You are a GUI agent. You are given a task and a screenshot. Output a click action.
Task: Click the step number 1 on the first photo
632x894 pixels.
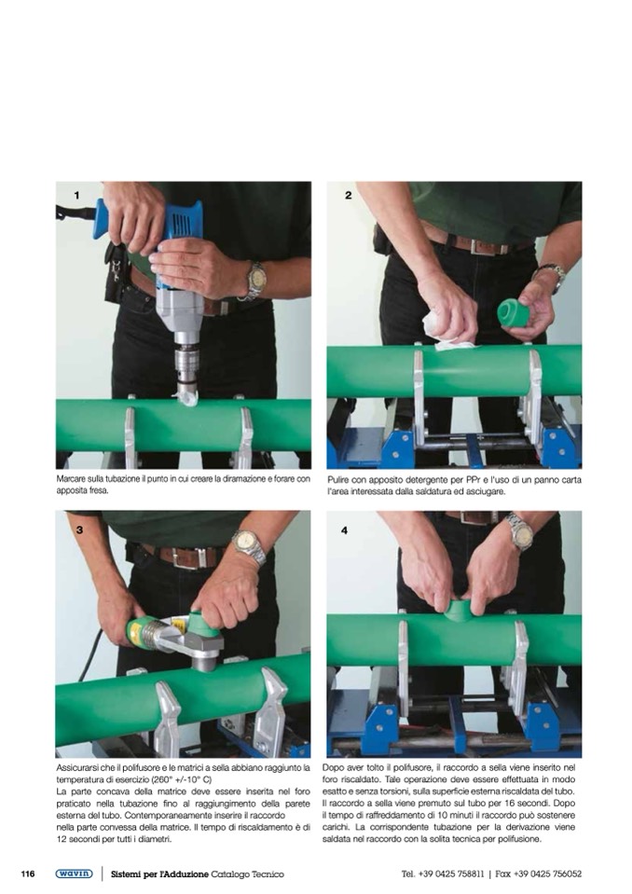pyautogui.click(x=77, y=196)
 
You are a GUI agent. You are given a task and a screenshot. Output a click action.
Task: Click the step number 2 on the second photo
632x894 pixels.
pyautogui.click(x=349, y=196)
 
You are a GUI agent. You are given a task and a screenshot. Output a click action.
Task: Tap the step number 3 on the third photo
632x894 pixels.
pyautogui.click(x=79, y=530)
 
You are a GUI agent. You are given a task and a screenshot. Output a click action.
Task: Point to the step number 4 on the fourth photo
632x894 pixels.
pyautogui.click(x=344, y=530)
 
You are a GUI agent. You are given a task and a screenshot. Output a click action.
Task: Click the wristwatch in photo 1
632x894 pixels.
pyautogui.click(x=256, y=282)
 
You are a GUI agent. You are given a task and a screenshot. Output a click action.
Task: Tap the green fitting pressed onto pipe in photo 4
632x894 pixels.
pyautogui.click(x=460, y=612)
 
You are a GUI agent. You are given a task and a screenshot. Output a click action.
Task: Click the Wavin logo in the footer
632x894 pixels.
pyautogui.click(x=74, y=873)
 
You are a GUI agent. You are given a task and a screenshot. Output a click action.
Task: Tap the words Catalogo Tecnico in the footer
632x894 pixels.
pyautogui.click(x=247, y=874)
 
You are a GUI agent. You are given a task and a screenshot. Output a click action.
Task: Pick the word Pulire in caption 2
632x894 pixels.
pyautogui.click(x=338, y=480)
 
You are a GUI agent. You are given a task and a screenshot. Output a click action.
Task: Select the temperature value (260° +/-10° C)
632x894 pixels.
pyautogui.click(x=182, y=779)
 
